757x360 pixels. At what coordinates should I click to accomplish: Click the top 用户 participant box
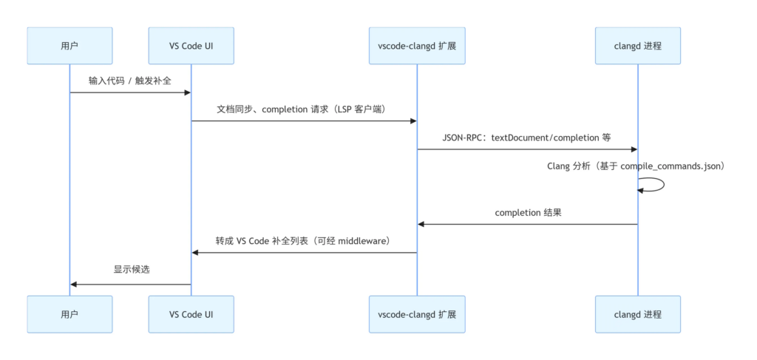tap(69, 46)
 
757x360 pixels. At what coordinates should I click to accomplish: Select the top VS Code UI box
tap(191, 46)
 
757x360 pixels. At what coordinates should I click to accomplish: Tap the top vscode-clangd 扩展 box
tap(416, 46)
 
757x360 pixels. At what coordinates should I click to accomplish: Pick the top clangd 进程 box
tap(637, 46)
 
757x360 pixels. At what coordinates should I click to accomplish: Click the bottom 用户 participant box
tap(69, 314)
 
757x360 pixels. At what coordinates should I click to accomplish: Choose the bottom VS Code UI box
tap(191, 314)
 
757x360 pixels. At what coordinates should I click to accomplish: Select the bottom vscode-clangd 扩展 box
tap(416, 314)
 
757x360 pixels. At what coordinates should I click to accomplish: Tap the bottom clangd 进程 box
tap(637, 314)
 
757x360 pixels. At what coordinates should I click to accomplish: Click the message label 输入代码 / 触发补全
tap(130, 81)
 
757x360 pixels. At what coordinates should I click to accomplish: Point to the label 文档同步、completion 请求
tap(303, 109)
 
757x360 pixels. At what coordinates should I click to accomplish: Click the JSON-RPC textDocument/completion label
tap(526, 138)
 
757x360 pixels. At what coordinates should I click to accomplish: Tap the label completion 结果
tap(528, 213)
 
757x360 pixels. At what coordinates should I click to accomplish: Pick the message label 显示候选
tap(131, 270)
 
